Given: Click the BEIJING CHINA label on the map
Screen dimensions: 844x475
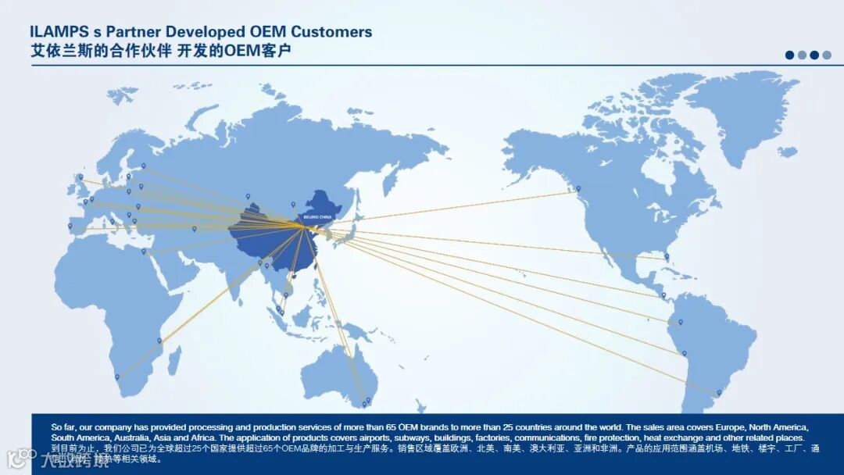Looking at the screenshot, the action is click(317, 216).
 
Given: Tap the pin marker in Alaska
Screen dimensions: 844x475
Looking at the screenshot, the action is click(578, 188).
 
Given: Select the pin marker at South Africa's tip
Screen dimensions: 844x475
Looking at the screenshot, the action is click(118, 377).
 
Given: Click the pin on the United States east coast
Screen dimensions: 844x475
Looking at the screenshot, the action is click(667, 256).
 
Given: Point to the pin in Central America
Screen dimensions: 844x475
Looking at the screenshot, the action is click(663, 295).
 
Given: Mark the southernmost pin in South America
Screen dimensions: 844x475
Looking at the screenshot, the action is click(719, 393).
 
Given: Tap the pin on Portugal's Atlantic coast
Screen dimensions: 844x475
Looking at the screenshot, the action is click(70, 227).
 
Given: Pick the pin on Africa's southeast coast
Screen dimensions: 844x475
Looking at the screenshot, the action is click(159, 341).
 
